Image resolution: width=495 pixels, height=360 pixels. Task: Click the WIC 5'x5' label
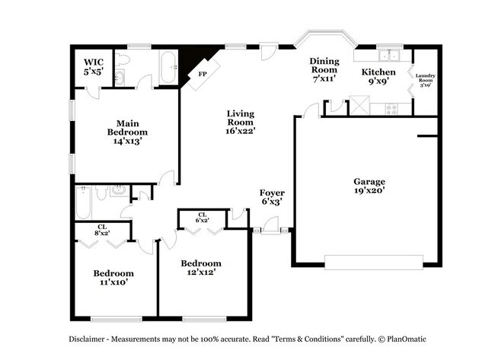click(93, 65)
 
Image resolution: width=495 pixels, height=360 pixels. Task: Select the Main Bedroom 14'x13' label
click(126, 131)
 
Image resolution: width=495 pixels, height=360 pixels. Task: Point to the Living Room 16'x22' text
click(240, 122)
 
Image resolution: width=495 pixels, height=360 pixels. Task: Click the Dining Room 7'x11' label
click(324, 69)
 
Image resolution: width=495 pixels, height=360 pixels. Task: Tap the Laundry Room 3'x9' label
click(425, 80)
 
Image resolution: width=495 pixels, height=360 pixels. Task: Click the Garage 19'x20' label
click(369, 186)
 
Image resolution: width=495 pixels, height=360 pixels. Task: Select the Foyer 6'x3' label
click(272, 197)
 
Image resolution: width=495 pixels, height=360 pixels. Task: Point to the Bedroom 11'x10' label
click(113, 277)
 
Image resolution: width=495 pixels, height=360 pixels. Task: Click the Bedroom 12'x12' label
click(201, 268)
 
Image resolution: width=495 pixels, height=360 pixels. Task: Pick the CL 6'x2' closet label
click(203, 218)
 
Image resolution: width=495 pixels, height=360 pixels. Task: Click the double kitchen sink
click(391, 55)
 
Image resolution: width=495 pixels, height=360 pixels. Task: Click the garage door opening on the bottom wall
click(373, 260)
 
